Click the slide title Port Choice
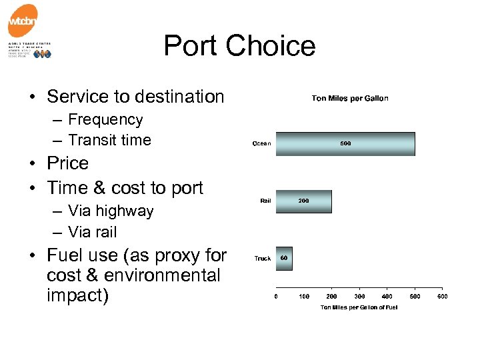click(x=239, y=46)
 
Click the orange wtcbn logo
click(x=23, y=21)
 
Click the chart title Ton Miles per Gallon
click(x=350, y=99)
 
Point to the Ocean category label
click(x=261, y=144)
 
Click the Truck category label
click(x=263, y=259)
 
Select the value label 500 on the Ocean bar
click(x=345, y=143)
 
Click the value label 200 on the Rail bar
click(x=303, y=201)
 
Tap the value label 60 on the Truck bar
click(x=283, y=258)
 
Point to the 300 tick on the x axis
click(x=359, y=296)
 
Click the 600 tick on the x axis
click(x=442, y=296)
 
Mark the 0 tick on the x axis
click(x=277, y=296)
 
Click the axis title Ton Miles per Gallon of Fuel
click(x=359, y=307)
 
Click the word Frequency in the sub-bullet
click(x=105, y=120)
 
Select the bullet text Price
click(x=67, y=163)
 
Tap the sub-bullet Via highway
click(x=111, y=211)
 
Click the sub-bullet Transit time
click(x=109, y=140)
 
